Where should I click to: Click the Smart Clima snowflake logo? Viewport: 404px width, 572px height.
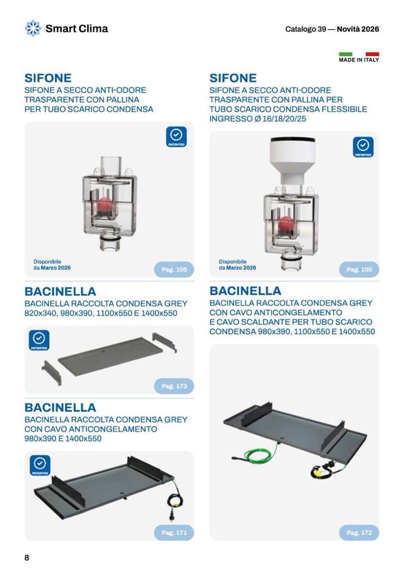click(33, 29)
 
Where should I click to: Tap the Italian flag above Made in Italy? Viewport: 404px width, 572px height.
click(359, 54)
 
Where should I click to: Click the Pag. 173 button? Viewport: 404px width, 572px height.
click(174, 386)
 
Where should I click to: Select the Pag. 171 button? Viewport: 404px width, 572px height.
click(174, 533)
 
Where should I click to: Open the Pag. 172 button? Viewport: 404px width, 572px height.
click(359, 533)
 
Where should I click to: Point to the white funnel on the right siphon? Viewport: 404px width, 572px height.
click(293, 160)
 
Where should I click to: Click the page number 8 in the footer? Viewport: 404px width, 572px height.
click(27, 558)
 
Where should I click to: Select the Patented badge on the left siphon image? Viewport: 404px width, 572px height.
click(176, 137)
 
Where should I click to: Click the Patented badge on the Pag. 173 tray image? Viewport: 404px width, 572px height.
click(39, 341)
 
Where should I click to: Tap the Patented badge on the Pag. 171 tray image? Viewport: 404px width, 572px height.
click(40, 465)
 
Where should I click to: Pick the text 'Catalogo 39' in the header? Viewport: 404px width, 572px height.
click(305, 29)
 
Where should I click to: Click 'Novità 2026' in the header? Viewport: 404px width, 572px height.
click(358, 29)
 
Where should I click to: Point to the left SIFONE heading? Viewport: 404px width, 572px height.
click(48, 78)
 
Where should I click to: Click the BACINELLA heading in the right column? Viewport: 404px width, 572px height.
click(245, 290)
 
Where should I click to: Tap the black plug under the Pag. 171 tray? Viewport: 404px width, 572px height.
click(171, 515)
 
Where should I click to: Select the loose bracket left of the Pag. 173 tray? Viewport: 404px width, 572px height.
click(52, 373)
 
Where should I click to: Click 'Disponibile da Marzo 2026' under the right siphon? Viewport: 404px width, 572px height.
click(237, 264)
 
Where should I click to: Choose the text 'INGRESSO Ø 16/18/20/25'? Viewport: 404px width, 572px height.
click(257, 119)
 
